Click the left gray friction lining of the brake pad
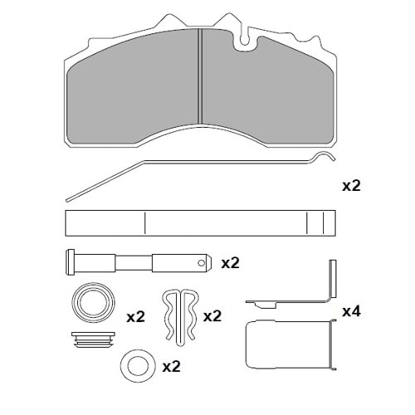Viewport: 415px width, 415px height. click(x=133, y=89)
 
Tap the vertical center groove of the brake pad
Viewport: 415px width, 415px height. click(x=201, y=76)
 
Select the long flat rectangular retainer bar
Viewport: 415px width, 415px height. click(x=201, y=223)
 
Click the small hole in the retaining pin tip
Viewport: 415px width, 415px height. click(x=202, y=263)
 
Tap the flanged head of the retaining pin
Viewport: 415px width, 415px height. click(x=71, y=262)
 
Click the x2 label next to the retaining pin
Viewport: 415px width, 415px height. click(x=230, y=263)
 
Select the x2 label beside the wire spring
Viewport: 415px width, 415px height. click(x=351, y=186)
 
